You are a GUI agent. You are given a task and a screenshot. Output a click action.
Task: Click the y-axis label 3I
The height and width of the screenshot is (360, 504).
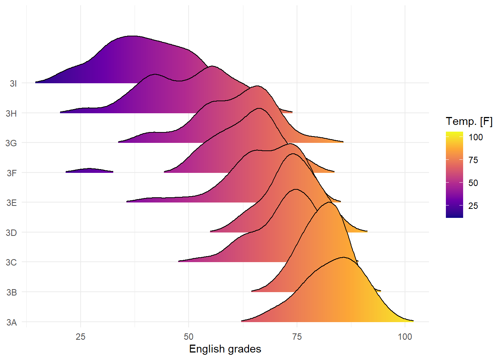(13, 84)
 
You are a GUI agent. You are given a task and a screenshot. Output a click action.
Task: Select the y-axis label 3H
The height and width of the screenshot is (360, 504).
(11, 114)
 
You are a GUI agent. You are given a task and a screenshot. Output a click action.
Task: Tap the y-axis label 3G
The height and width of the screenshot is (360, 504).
(11, 143)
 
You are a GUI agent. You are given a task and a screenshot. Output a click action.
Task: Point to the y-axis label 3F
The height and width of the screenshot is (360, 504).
(12, 173)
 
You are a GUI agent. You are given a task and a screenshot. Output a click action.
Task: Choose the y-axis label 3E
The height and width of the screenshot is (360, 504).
(12, 203)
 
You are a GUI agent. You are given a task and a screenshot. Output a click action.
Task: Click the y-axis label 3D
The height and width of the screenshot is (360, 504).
(11, 233)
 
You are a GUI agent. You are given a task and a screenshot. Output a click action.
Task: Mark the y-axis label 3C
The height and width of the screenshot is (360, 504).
(11, 262)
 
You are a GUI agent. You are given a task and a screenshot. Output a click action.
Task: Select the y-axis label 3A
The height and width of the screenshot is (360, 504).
(12, 322)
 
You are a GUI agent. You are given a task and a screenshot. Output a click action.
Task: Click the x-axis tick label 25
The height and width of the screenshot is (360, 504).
(81, 337)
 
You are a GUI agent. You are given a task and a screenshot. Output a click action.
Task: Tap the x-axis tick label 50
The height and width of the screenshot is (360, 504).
(189, 337)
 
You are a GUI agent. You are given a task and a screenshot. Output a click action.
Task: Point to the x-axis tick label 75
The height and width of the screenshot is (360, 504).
(297, 337)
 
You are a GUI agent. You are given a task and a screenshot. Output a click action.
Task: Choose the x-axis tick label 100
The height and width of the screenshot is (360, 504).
(405, 337)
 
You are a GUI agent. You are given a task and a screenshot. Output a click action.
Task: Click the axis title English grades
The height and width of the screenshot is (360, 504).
(225, 349)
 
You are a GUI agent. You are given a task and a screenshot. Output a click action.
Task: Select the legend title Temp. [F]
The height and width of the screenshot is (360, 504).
(469, 121)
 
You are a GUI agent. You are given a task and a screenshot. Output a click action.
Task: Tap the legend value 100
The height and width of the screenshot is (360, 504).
(475, 137)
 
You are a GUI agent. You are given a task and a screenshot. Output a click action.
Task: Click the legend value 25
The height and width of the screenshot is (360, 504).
(473, 206)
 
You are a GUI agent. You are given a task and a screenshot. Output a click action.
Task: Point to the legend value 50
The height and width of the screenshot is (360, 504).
(473, 183)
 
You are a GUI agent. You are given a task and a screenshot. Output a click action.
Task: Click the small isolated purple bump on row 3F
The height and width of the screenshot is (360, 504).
(90, 171)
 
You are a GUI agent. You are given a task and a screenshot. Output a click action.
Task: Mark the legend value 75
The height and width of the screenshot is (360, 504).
(473, 160)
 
